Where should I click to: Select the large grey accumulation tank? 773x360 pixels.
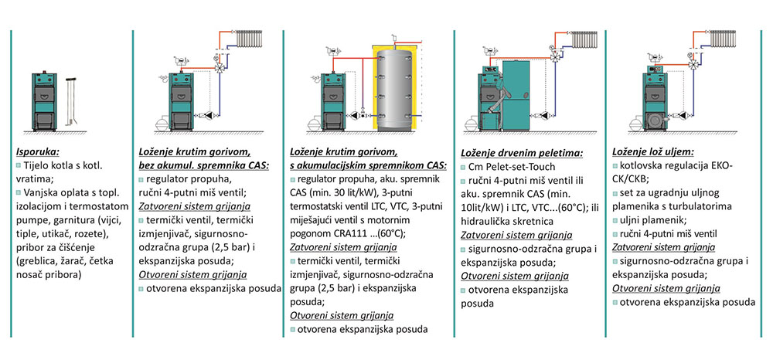397,87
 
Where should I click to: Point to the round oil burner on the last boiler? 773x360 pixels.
655,120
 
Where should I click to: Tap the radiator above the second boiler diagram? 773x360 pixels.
254,39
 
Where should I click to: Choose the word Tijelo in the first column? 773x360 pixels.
36,166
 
